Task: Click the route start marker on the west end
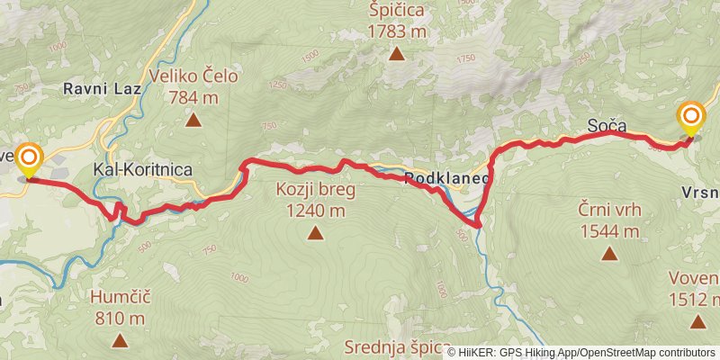point(29,159)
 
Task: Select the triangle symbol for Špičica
point(396,54)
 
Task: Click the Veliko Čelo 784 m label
point(194,86)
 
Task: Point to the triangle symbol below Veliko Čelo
point(192,119)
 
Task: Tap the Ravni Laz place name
point(97,89)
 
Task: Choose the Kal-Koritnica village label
point(143,169)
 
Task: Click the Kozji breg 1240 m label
point(315,201)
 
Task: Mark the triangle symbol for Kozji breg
point(315,234)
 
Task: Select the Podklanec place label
point(446,179)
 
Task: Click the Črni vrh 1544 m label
point(609,221)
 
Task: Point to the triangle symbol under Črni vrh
point(609,254)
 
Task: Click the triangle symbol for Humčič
point(119,339)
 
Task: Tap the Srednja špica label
point(398,346)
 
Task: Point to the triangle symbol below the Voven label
point(697,321)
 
